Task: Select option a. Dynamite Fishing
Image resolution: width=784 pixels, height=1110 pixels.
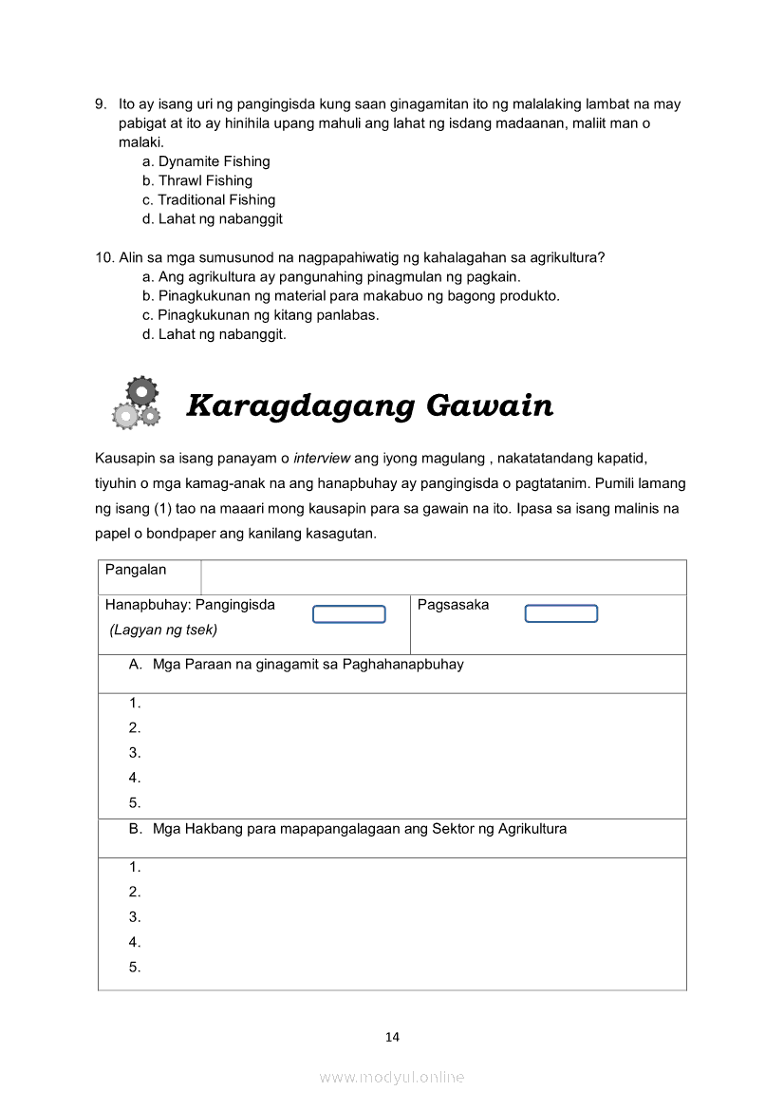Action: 206,161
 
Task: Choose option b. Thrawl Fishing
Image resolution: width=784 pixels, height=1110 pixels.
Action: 197,180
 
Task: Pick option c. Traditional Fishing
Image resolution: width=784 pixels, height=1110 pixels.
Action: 209,199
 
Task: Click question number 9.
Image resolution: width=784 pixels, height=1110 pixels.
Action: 100,104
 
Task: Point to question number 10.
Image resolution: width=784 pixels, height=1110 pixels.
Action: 104,257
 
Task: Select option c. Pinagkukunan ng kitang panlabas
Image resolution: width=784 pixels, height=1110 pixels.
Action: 261,315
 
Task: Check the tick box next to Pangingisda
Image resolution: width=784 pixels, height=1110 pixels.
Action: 349,614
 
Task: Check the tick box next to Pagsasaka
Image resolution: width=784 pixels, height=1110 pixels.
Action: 561,613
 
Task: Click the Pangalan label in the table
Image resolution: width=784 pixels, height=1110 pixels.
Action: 136,570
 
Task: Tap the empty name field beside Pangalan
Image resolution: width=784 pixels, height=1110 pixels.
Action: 443,577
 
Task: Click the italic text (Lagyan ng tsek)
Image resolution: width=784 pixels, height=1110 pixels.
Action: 163,630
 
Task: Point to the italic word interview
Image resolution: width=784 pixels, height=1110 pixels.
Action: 322,459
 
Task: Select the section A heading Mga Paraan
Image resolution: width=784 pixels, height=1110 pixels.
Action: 297,665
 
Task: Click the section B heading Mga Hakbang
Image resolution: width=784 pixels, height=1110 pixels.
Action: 348,829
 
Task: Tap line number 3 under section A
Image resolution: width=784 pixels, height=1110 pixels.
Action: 135,753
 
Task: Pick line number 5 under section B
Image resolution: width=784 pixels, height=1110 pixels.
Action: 135,968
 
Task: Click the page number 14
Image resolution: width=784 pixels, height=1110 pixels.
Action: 392,1037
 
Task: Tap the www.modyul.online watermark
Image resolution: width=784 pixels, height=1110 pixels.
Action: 392,1078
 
